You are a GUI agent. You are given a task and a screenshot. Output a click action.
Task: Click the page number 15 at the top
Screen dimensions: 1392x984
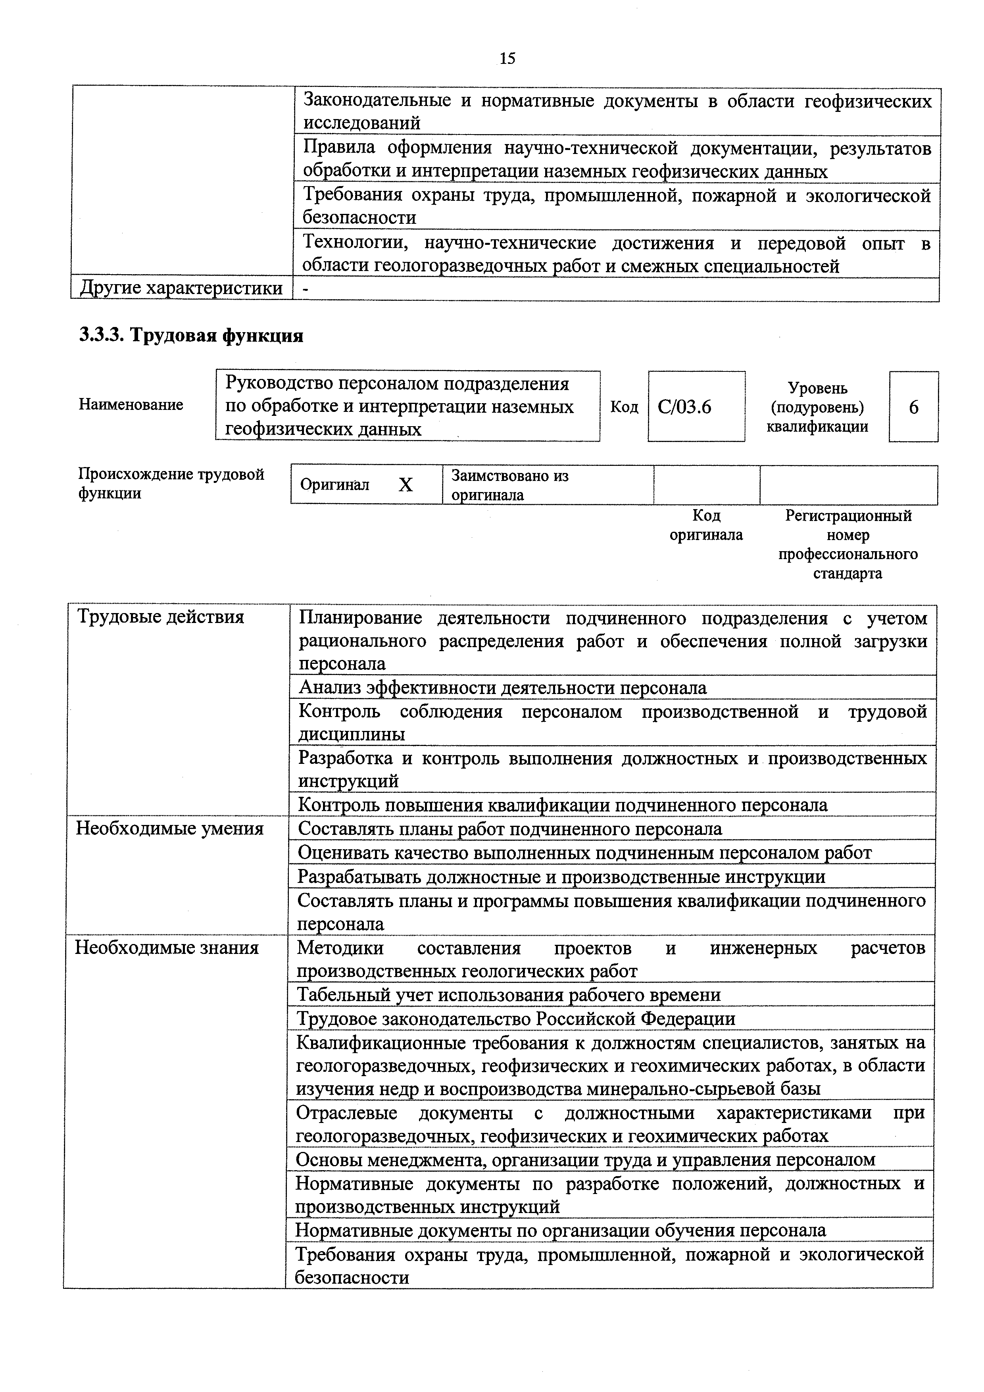pyautogui.click(x=507, y=58)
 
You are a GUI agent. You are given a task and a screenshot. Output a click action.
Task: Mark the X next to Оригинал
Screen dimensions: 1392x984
pyautogui.click(x=406, y=485)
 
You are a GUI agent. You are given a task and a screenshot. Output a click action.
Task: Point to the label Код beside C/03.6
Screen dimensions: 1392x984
pyautogui.click(x=624, y=407)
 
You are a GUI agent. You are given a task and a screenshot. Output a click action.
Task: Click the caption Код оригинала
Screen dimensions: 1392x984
pyautogui.click(x=706, y=525)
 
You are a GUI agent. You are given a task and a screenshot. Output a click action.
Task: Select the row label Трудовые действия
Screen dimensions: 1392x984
pyautogui.click(x=161, y=617)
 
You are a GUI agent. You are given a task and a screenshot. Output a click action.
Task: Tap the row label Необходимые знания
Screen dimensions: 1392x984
pyautogui.click(x=167, y=948)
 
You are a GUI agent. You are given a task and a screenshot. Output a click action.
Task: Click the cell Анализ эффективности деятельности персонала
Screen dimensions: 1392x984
pyautogui.click(x=503, y=688)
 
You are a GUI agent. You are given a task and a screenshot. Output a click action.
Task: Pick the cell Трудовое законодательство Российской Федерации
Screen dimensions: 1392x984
pyautogui.click(x=515, y=1019)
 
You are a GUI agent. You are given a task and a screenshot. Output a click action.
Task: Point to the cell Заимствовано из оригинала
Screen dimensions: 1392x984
pyautogui.click(x=509, y=485)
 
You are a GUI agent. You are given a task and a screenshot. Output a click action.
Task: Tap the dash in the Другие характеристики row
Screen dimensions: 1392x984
pyautogui.click(x=306, y=289)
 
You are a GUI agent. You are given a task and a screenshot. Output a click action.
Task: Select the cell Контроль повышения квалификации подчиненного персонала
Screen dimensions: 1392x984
pyautogui.click(x=563, y=805)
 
